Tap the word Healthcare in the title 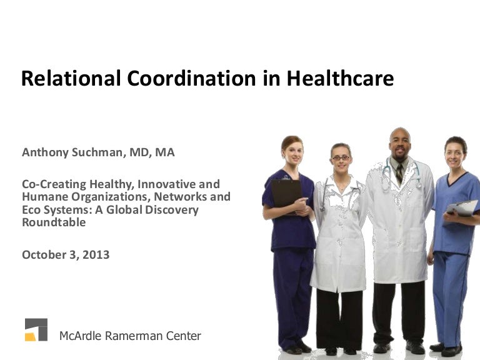pyautogui.click(x=340, y=79)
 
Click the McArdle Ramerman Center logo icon pyautogui.click(x=36, y=329)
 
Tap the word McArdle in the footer pyautogui.click(x=81, y=336)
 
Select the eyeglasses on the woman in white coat pyautogui.click(x=341, y=158)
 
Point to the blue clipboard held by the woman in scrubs pyautogui.click(x=463, y=209)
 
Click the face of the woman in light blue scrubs pyautogui.click(x=454, y=152)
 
